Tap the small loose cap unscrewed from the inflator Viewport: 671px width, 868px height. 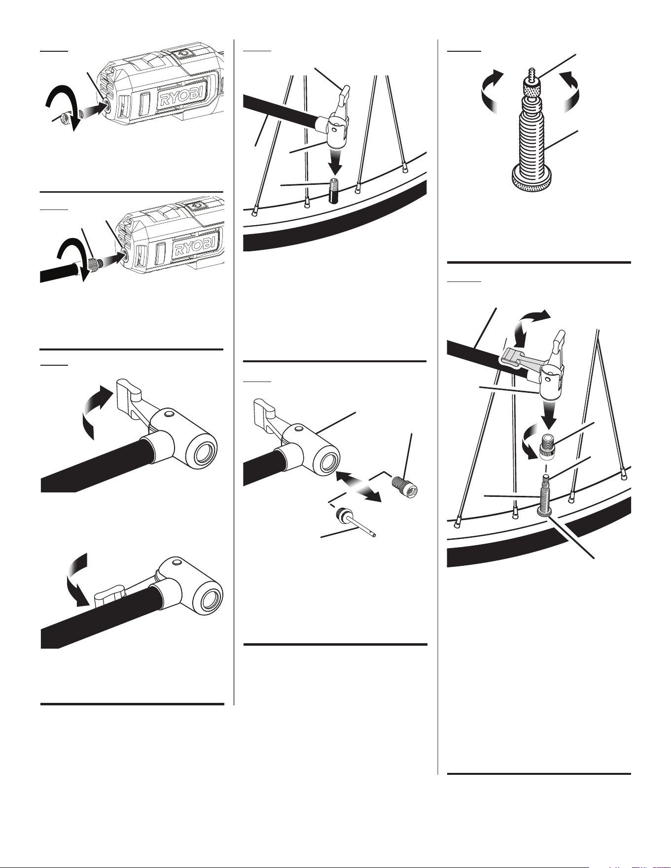tap(64, 117)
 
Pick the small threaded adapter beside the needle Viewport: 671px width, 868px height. tap(405, 486)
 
